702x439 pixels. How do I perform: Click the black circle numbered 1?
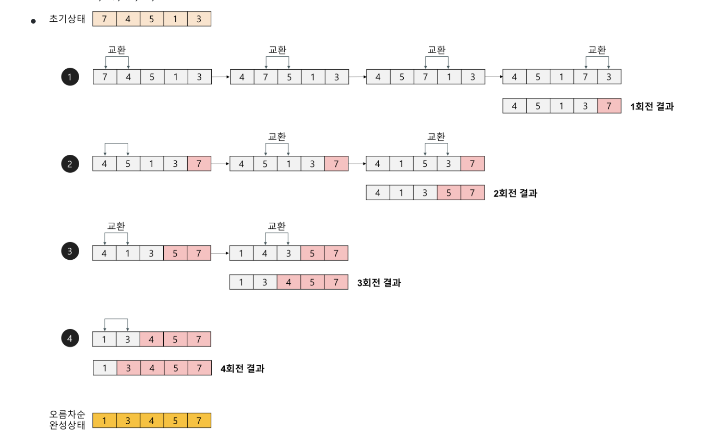(x=70, y=77)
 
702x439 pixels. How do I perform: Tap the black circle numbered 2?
(x=70, y=164)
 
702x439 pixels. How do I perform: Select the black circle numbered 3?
(x=70, y=251)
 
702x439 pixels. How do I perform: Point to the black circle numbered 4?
(x=70, y=338)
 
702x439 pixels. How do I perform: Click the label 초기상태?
(x=67, y=19)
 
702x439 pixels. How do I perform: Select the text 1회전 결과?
(x=652, y=106)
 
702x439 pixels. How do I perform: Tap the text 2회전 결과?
(x=515, y=193)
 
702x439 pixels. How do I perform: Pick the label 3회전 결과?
(x=379, y=282)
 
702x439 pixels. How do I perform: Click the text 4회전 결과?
(x=242, y=368)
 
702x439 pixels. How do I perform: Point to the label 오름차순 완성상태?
(x=67, y=420)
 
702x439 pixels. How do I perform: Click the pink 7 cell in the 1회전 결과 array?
(x=609, y=106)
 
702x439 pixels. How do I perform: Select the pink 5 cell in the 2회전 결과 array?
(x=449, y=193)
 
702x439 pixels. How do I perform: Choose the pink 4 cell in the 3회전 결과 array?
(x=289, y=282)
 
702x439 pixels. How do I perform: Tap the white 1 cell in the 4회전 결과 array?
(x=105, y=368)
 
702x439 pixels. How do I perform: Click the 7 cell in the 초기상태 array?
(x=105, y=19)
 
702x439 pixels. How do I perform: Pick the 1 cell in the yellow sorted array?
(x=105, y=421)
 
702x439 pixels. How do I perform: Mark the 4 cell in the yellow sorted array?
(x=152, y=421)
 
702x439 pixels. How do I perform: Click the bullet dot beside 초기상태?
(x=33, y=21)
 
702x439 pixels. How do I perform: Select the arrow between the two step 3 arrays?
(x=220, y=253)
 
